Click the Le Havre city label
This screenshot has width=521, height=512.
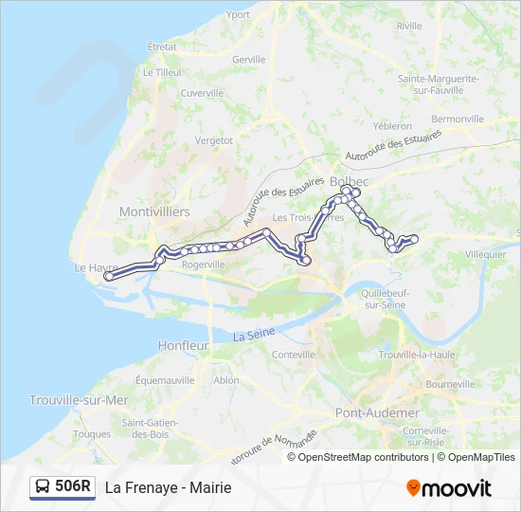pos(93,268)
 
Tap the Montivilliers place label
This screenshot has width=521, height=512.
pos(154,211)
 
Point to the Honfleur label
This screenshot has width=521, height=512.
pos(183,346)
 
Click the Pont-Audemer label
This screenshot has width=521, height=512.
pos(377,413)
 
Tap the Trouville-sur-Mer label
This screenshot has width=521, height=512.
pos(79,400)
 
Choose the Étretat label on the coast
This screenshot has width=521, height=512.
pos(162,46)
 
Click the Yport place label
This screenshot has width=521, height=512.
pos(239,15)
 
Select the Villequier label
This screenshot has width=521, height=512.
pos(486,255)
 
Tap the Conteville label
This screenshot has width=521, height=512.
pos(293,354)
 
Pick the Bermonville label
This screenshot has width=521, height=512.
pos(458,119)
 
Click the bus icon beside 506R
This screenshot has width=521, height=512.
pos(43,487)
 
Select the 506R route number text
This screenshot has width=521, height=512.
pos(73,487)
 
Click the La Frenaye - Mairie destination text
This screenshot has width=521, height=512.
pos(168,487)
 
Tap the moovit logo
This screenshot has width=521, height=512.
pos(449,488)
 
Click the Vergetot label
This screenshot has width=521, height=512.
pos(213,139)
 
